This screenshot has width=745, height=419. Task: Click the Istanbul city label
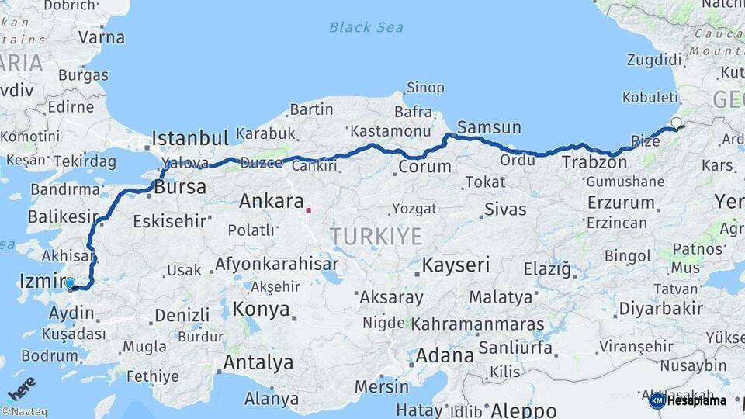190,138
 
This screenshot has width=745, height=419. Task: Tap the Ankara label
271,202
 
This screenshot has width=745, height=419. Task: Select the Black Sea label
366,27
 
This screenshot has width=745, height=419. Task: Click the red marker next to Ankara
309,209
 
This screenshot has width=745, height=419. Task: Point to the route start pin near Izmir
71,284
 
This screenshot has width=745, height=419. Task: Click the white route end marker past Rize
676,123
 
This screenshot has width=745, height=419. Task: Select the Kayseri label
456,265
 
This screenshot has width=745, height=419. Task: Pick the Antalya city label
258,362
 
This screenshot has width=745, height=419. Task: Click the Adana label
445,356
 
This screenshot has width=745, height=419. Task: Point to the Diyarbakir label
662,308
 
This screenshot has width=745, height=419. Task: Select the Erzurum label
621,203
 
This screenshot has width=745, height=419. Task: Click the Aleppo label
522,410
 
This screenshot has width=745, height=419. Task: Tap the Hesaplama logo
688,400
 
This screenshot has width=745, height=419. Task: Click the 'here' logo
23,387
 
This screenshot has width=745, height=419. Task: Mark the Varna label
101,36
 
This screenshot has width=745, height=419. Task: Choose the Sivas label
505,209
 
